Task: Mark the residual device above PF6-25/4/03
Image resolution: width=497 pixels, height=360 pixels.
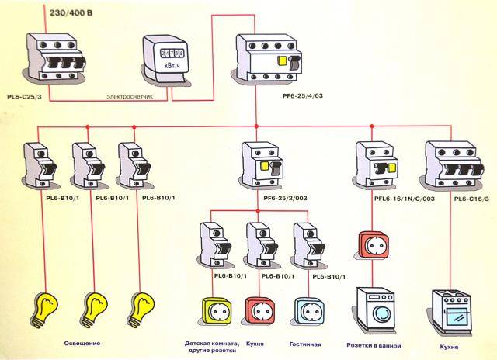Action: pyautogui.click(x=266, y=61)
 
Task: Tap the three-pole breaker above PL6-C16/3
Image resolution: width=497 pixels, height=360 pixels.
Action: pyautogui.click(x=450, y=163)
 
